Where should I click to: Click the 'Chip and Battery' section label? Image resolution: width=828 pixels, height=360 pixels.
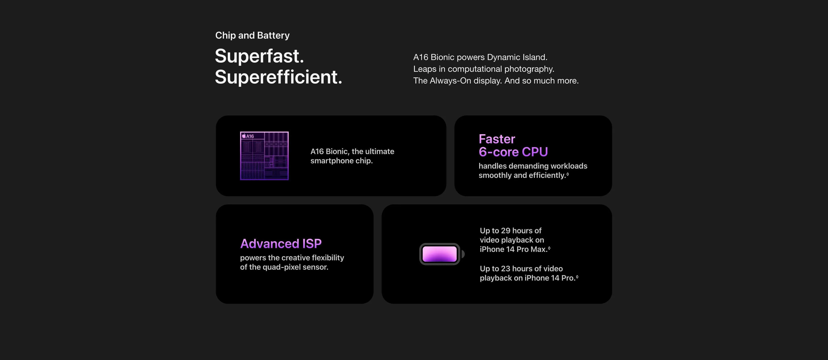coord(252,35)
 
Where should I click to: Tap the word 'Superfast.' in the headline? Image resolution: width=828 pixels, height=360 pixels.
coord(259,56)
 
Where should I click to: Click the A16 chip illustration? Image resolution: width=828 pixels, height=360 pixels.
coord(264,156)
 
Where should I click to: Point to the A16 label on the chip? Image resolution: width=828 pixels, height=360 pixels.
coord(248,136)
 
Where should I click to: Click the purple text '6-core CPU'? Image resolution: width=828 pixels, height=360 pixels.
coord(513,152)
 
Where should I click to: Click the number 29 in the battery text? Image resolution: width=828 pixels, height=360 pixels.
coord(506,231)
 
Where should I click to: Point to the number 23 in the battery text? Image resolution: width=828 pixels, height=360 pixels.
coord(506,269)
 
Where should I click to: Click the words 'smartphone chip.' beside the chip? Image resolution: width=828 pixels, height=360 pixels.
coord(341,161)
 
